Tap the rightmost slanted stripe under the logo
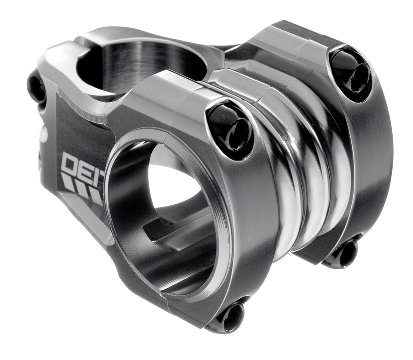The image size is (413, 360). coord(95,195)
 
